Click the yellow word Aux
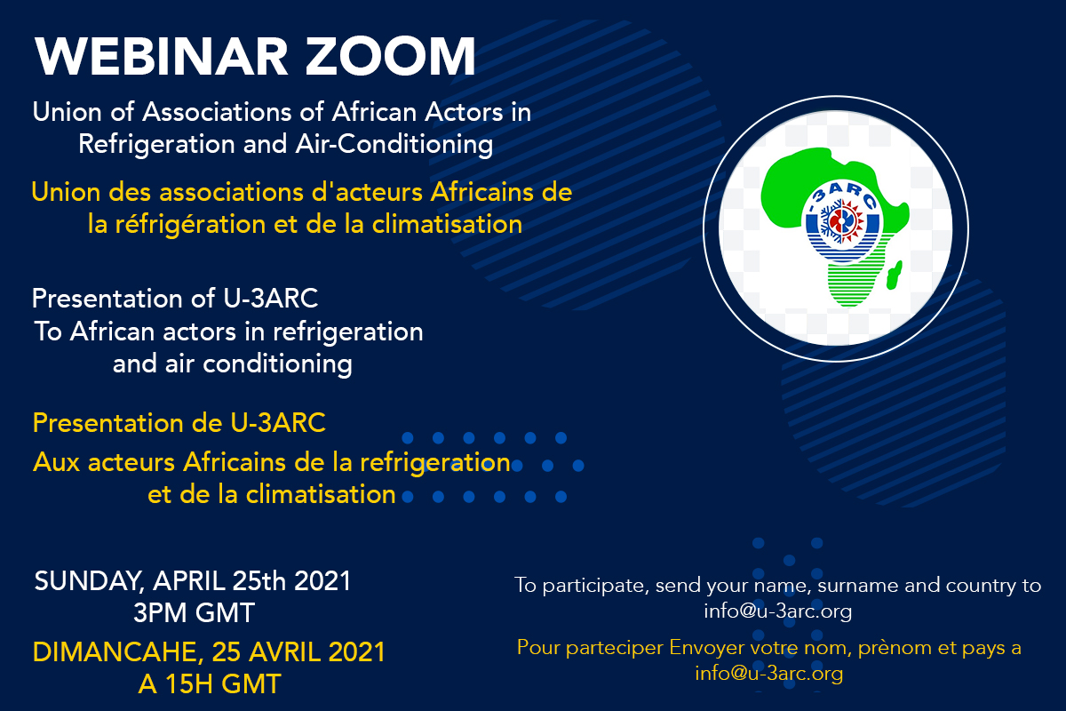coord(54,463)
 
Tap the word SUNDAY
coord(87,582)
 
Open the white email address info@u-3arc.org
coord(777,611)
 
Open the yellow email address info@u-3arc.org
coord(768,674)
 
